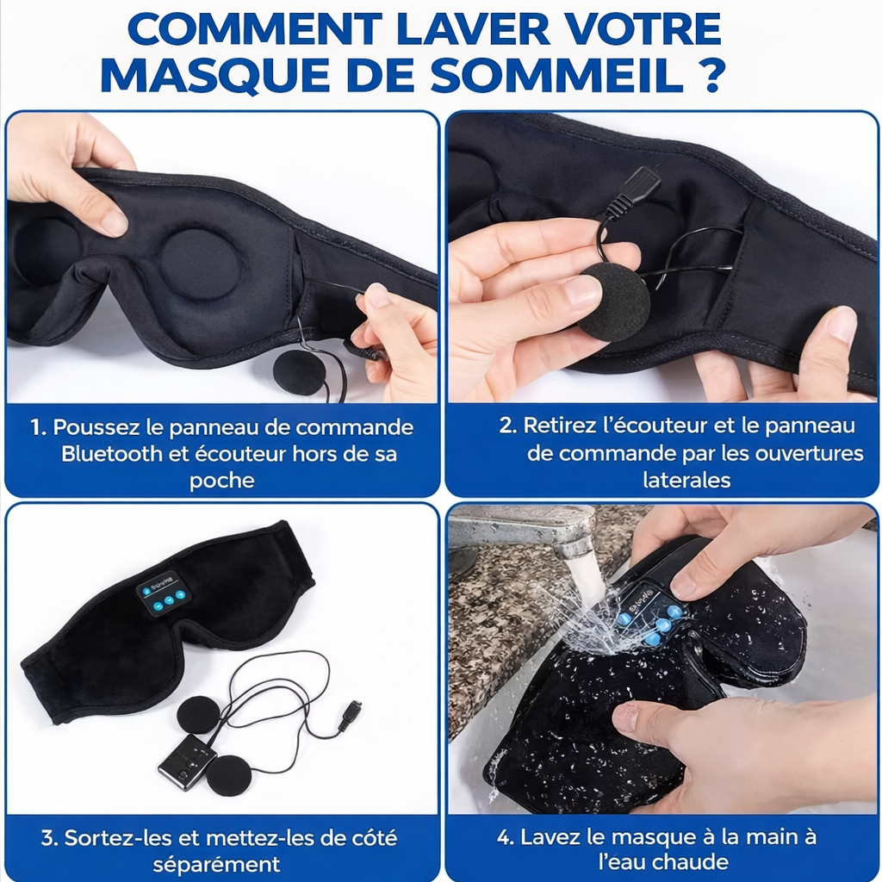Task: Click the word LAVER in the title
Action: (473, 29)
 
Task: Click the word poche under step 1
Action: (221, 481)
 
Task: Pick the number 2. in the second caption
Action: (508, 425)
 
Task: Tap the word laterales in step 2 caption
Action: (686, 480)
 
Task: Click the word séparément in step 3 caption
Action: (216, 864)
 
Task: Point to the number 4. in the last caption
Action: (506, 837)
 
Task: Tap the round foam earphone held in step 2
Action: (614, 301)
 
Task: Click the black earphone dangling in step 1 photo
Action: (299, 372)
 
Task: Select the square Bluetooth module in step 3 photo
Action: (186, 762)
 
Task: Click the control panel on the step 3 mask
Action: (164, 593)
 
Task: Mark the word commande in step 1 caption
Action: (354, 427)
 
